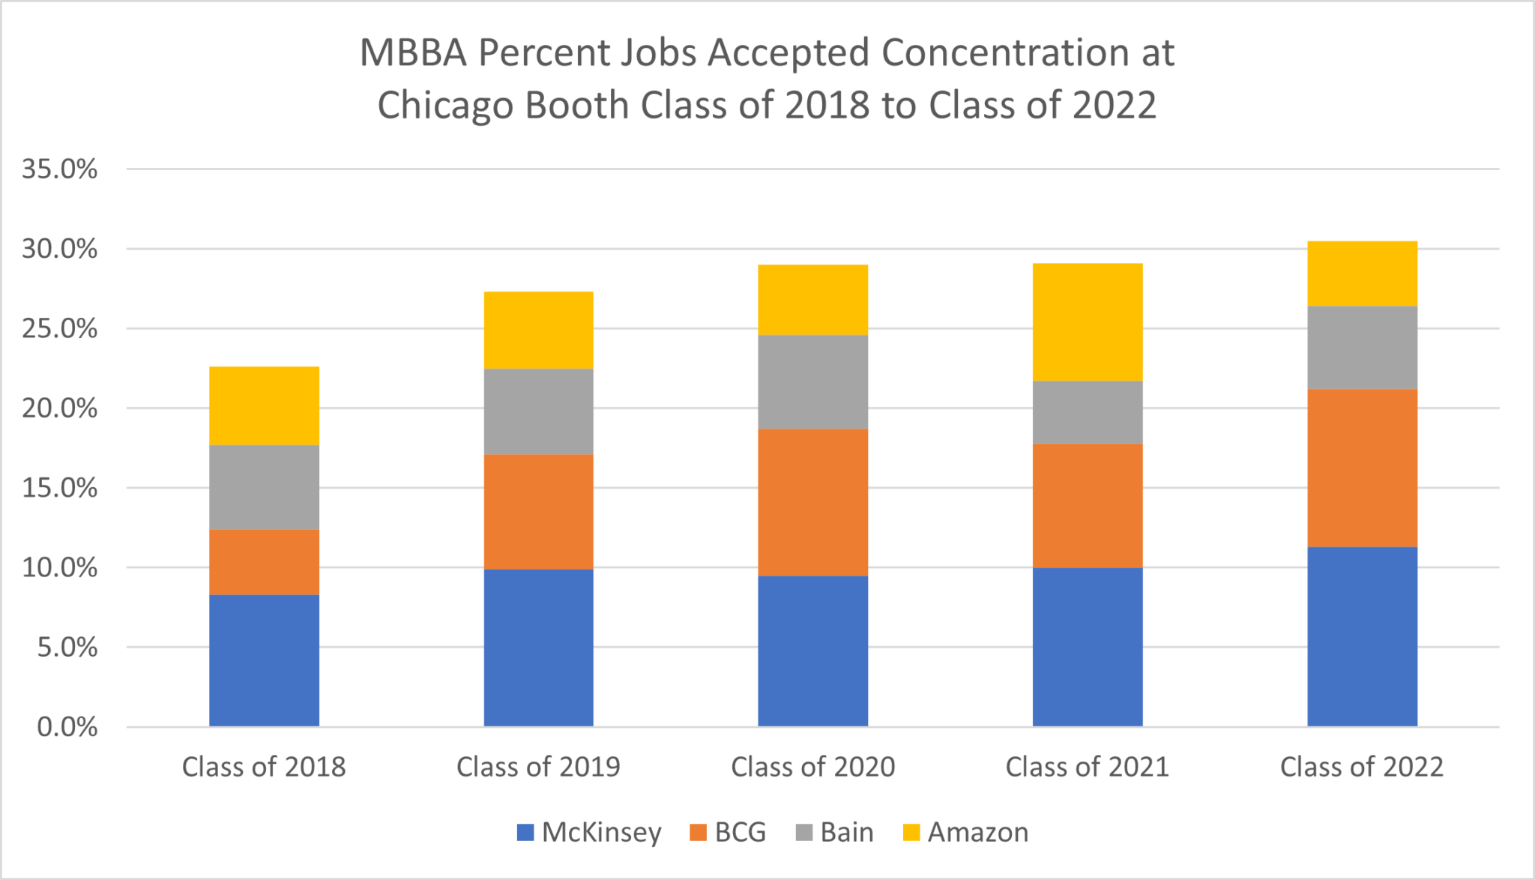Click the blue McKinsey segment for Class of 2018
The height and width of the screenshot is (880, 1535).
tap(264, 660)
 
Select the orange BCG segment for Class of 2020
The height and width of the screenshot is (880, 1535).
tap(812, 502)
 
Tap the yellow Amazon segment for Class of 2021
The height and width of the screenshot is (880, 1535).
tap(1087, 322)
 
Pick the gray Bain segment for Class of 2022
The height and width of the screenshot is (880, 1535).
tap(1362, 348)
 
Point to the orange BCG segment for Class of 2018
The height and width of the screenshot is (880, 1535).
tap(264, 562)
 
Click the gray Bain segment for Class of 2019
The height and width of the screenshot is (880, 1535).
tap(538, 412)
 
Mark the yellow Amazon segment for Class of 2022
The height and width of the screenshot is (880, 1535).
tap(1362, 274)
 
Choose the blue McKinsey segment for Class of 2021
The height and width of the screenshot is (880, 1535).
tap(1087, 647)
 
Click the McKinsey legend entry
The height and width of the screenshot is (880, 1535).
tap(589, 832)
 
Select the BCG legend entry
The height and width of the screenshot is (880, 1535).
tap(728, 832)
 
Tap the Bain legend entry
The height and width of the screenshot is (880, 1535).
tap(834, 832)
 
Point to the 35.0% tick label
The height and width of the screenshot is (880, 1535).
tap(60, 169)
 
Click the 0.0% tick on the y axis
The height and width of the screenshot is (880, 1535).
tap(67, 726)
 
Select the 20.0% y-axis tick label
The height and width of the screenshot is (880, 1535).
tap(60, 409)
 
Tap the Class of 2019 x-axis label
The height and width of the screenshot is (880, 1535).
tap(538, 767)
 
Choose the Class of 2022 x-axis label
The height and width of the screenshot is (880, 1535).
tap(1361, 767)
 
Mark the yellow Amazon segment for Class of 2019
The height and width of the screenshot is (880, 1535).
tap(538, 330)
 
